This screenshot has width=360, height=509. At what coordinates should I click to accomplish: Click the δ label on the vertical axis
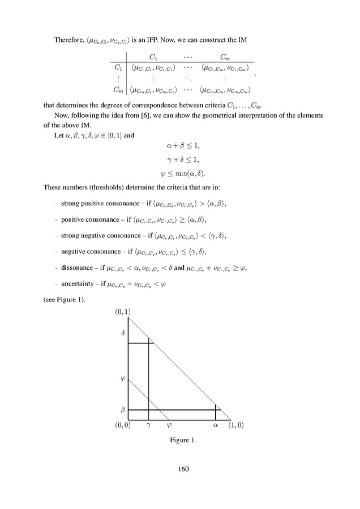click(123, 333)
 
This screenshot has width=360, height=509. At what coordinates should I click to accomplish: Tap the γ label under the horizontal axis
click(148, 425)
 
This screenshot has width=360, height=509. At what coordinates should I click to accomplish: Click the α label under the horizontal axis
click(215, 425)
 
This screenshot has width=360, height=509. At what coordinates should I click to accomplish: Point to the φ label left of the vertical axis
click(123, 378)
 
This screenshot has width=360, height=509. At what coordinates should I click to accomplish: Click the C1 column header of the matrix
click(153, 56)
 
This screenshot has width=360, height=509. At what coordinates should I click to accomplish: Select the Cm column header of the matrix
click(225, 56)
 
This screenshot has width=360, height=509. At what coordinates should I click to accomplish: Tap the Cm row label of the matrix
click(118, 89)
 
